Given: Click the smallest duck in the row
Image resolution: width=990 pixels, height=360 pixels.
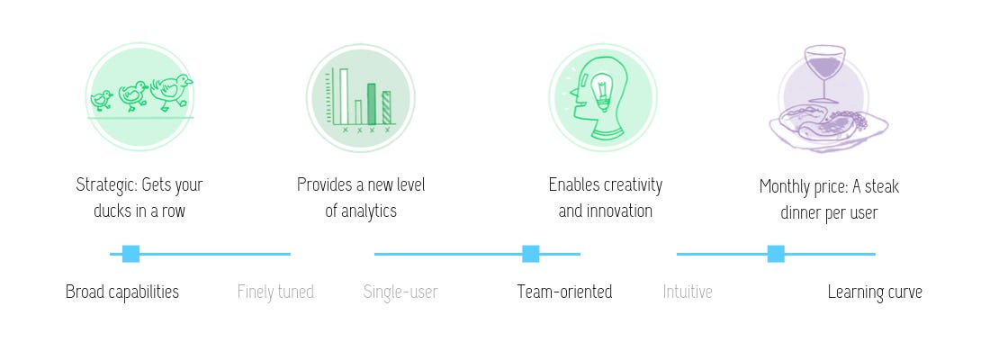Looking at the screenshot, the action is pyautogui.click(x=101, y=100).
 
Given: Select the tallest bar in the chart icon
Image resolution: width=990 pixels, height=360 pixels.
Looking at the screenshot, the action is pyautogui.click(x=344, y=96).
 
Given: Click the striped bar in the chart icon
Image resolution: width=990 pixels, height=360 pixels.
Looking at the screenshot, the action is pyautogui.click(x=386, y=107).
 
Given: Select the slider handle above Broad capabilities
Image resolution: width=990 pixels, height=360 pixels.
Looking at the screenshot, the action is pyautogui.click(x=130, y=254).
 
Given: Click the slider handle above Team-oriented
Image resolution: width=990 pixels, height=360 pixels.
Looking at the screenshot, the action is pyautogui.click(x=531, y=254).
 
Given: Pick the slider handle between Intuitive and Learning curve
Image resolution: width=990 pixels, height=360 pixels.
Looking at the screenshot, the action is pyautogui.click(x=776, y=254).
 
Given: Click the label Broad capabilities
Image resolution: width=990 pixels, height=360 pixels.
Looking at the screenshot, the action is pyautogui.click(x=122, y=292).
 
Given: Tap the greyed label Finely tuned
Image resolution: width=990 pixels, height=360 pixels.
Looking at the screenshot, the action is pyautogui.click(x=275, y=292).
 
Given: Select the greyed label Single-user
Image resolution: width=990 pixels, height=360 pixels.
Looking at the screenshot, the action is pyautogui.click(x=400, y=292).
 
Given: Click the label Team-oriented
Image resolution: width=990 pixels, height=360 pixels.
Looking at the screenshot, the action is pyautogui.click(x=564, y=292).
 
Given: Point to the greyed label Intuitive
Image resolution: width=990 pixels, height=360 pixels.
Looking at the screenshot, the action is pyautogui.click(x=688, y=292).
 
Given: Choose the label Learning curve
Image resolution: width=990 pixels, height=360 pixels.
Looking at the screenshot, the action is pyautogui.click(x=875, y=292).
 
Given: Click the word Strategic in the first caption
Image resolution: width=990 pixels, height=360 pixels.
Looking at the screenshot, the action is pyautogui.click(x=105, y=185).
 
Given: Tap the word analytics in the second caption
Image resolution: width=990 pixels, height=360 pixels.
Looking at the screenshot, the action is pyautogui.click(x=369, y=211).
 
